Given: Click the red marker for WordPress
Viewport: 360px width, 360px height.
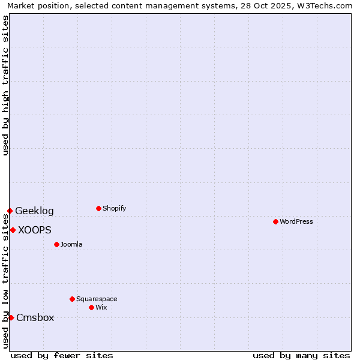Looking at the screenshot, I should (275, 221).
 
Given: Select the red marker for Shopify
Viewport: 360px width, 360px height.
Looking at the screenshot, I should (98, 208).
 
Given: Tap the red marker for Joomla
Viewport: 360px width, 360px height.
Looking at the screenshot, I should (56, 244).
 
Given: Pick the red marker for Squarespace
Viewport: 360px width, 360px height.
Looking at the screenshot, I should (72, 299).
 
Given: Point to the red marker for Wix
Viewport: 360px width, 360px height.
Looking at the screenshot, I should (91, 307).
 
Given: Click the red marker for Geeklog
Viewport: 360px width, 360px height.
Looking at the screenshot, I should (10, 211).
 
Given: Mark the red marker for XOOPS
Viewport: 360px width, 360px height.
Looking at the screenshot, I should (13, 230).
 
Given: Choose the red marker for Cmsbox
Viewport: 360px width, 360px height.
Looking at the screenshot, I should (11, 317).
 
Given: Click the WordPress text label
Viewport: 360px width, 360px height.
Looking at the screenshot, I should (296, 221).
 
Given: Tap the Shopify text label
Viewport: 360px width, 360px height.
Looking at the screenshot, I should (115, 208).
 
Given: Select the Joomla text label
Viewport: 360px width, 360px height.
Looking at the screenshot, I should (71, 244).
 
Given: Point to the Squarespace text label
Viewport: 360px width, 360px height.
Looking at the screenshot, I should (97, 299).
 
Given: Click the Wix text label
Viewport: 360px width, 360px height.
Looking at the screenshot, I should (101, 307).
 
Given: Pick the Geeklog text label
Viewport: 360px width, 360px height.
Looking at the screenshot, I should (34, 211).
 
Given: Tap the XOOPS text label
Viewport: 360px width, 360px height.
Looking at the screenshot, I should (35, 230).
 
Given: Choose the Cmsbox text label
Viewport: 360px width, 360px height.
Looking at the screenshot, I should (35, 317).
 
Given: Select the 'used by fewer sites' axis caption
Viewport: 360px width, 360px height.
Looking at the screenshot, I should (62, 355).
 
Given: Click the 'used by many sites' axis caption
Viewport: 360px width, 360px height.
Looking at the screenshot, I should (301, 355).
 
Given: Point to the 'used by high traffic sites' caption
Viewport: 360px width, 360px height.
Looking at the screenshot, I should (5, 85).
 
